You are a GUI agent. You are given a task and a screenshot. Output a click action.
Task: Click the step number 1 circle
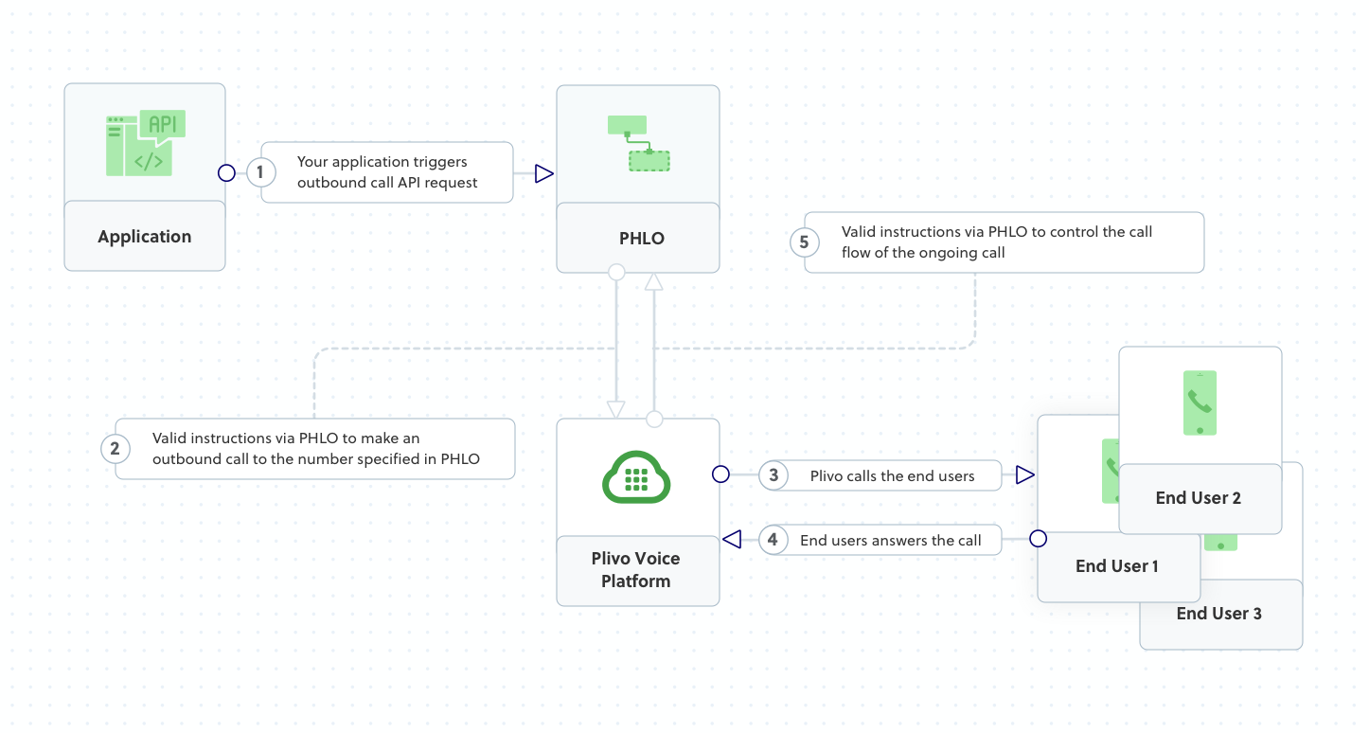point(260,172)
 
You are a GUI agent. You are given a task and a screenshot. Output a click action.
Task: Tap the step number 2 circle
point(116,448)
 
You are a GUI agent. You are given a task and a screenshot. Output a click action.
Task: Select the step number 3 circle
point(773,475)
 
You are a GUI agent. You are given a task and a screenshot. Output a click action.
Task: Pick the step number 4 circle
point(773,540)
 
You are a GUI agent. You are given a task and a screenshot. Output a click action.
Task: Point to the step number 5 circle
point(804,242)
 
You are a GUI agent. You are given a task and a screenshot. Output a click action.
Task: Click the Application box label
point(145,237)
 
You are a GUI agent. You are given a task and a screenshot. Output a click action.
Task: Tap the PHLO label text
point(641,239)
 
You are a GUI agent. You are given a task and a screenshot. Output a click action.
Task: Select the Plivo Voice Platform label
point(636,570)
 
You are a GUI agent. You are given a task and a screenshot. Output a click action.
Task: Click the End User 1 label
point(1117,566)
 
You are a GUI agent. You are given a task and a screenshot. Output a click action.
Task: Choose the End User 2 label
point(1199,498)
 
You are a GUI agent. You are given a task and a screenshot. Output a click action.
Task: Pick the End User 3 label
point(1219,614)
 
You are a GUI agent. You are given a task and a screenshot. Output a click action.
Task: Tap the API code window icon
point(146,143)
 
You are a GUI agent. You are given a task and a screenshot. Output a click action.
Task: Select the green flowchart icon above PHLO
point(638,143)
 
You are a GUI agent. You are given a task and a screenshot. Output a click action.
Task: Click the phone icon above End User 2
point(1200,402)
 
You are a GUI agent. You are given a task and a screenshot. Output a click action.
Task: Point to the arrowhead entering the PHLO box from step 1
point(543,173)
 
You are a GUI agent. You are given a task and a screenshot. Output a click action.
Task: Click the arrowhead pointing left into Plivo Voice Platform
point(731,539)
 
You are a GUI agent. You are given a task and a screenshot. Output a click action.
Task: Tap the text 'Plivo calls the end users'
point(892,476)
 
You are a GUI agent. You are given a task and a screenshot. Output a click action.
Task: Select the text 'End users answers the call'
point(891,540)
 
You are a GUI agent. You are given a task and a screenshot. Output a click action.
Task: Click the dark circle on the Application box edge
point(226,172)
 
